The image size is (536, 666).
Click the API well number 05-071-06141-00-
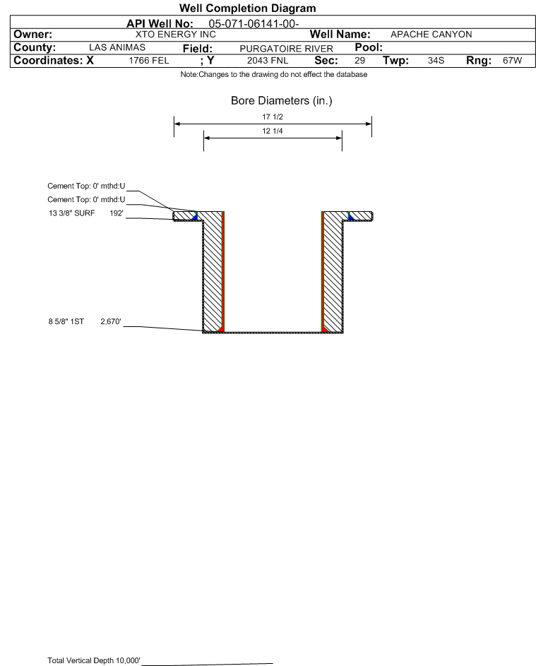254,24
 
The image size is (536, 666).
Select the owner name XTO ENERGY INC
175,35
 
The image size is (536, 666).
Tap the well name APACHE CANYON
431,35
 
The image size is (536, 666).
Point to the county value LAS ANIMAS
117,47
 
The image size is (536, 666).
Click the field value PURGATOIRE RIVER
286,49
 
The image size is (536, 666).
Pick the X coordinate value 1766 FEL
148,60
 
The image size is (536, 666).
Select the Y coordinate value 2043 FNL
268,60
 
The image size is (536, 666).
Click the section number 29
359,60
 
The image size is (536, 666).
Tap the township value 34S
436,60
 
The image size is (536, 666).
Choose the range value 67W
512,60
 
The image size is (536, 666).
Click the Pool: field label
369,47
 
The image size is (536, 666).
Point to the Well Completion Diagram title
248,8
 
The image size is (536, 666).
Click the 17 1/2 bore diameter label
273,117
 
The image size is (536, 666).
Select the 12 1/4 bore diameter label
273,131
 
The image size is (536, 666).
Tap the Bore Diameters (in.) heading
282,101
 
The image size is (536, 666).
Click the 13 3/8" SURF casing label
72,213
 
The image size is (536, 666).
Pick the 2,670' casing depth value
111,321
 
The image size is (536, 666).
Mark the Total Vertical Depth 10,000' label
94,660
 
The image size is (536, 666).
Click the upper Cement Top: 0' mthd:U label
86,186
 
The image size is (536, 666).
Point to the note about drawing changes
274,74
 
